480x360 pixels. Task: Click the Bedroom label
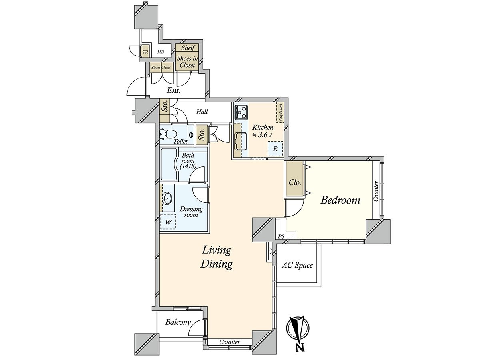[x=340, y=200]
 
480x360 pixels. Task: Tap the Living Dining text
[x=216, y=257]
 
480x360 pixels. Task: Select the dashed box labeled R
[x=275, y=149]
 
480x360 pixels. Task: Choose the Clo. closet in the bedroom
[x=295, y=182]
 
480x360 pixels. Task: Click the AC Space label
[x=297, y=265]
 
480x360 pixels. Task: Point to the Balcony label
[x=178, y=322]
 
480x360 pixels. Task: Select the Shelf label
[x=188, y=48]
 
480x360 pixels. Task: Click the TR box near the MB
[x=145, y=52]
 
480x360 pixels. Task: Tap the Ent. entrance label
[x=174, y=91]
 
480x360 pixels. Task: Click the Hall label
[x=202, y=112]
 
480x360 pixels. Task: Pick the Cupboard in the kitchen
[x=280, y=112]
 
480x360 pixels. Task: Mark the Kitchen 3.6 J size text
[x=262, y=131]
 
